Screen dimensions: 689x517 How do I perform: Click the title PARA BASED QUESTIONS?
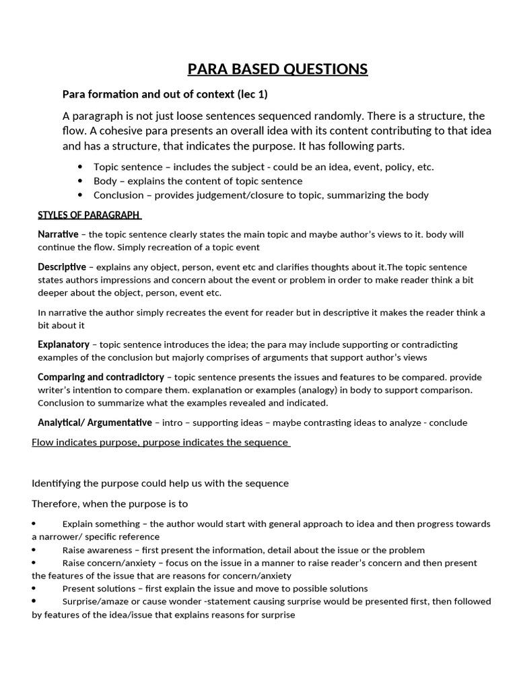(277, 69)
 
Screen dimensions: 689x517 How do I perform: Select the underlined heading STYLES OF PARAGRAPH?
(89, 215)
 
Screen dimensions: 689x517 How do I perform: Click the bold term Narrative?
(58, 235)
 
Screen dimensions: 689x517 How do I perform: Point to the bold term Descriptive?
(61, 267)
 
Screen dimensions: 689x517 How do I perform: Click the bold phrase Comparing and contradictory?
(100, 377)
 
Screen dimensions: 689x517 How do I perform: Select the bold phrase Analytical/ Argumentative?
(94, 423)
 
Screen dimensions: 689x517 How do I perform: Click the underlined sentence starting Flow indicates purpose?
(160, 442)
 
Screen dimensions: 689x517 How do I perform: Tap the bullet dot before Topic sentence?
(81, 167)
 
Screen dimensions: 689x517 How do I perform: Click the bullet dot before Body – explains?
(81, 181)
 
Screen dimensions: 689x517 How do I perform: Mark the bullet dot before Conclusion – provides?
(81, 195)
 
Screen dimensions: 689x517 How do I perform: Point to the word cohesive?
(131, 131)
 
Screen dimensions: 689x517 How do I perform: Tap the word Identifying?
(56, 483)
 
